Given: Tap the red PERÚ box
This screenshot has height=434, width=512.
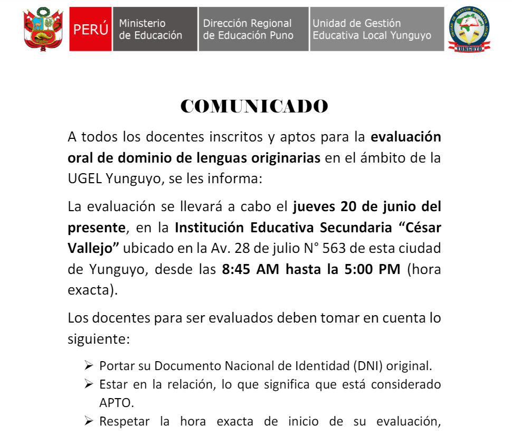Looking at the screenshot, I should (90, 29).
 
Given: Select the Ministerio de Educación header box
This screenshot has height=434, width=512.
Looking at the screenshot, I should (154, 29).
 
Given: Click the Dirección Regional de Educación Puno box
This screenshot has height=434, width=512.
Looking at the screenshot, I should (253, 29).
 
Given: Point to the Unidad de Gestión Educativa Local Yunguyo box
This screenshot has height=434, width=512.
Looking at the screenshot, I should (376, 29).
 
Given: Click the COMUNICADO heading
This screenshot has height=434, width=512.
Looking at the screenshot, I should (254, 107).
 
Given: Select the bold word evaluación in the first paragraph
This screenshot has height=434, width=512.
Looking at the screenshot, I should (406, 137).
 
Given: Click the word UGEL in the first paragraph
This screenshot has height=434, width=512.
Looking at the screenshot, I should (84, 178).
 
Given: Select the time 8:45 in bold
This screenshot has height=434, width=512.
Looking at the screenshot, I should (236, 269).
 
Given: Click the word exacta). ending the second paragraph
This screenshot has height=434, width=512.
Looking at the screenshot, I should (93, 290).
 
